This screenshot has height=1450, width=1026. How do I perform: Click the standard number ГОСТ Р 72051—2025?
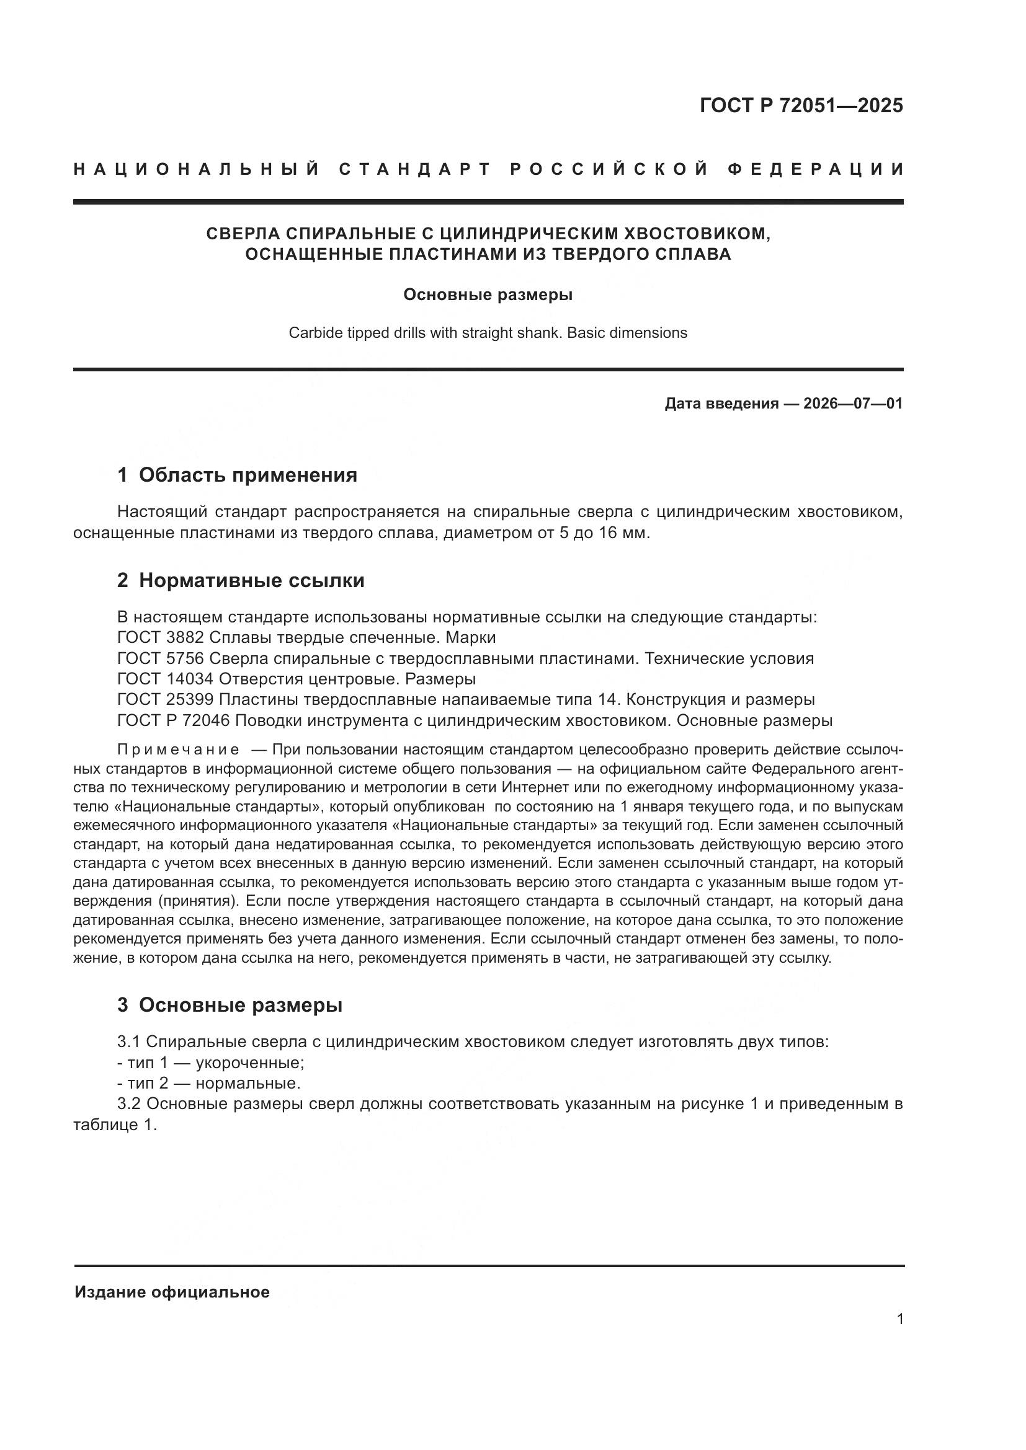801,105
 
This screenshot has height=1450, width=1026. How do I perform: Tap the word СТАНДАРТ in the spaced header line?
415,169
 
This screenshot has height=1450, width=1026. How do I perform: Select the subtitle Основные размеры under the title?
488,295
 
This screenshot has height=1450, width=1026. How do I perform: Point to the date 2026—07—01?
853,404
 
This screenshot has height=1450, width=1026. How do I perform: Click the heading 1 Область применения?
238,475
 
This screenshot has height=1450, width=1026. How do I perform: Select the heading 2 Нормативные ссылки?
241,580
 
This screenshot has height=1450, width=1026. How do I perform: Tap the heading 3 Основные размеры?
230,1005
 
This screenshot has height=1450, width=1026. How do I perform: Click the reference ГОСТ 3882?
161,637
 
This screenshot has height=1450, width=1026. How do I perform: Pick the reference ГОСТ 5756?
161,658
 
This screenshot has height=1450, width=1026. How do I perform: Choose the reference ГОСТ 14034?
166,679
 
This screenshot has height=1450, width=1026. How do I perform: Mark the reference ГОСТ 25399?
166,700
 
